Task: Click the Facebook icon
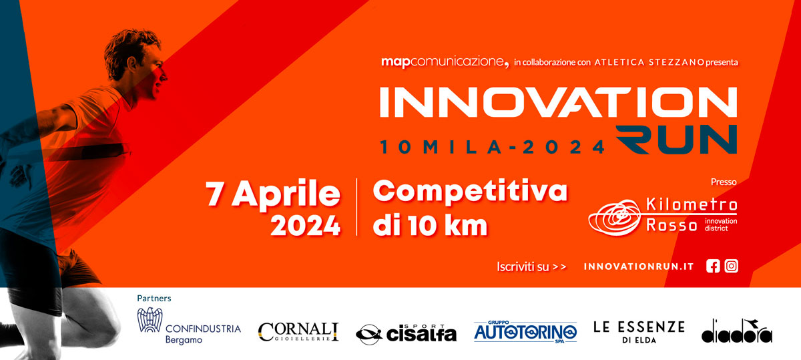713,266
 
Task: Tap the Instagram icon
732,266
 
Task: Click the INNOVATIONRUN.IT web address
639,266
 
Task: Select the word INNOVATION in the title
558,102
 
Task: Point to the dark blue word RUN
676,140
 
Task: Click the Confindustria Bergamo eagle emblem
150,319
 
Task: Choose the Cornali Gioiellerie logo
298,332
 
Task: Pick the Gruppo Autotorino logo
525,332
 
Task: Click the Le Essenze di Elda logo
639,332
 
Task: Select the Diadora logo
737,331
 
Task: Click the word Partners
154,299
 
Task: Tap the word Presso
724,182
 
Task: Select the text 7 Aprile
273,194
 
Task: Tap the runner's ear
131,63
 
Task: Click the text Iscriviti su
523,267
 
